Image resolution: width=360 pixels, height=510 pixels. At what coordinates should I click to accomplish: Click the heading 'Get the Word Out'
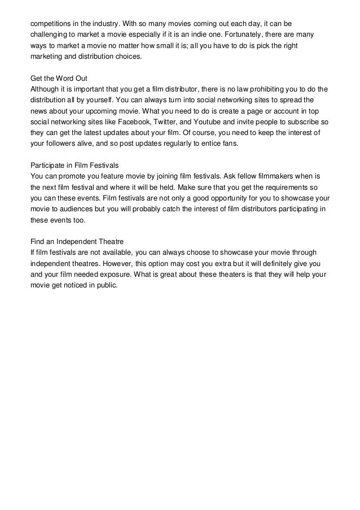pos(58,78)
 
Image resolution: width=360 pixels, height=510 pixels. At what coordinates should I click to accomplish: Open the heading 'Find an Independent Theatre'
pos(74,240)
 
